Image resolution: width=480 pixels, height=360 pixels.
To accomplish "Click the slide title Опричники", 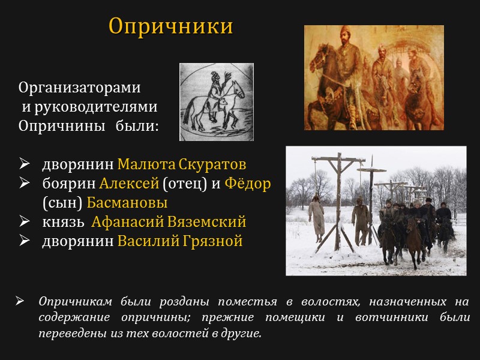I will [x=170, y=26].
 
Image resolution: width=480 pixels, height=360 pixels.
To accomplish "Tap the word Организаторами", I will [x=79, y=88].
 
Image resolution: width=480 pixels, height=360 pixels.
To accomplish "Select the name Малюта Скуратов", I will [x=182, y=164].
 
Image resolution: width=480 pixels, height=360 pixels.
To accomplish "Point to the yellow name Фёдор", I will [x=248, y=184].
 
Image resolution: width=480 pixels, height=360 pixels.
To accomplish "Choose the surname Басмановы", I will [x=127, y=203].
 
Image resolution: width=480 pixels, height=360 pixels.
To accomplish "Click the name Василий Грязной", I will [x=180, y=241].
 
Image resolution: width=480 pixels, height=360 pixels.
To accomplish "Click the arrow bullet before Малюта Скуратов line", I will [x=25, y=164].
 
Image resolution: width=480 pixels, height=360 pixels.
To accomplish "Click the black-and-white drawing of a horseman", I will [x=216, y=102].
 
